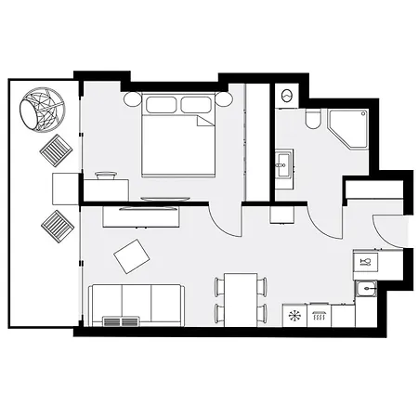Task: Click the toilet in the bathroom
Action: (313, 121)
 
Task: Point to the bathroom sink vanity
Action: (282, 167)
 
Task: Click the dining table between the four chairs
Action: (241, 299)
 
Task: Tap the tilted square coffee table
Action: (131, 256)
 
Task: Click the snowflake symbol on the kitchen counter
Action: (294, 316)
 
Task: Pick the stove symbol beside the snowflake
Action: (319, 316)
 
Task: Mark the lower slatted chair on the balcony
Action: (56, 226)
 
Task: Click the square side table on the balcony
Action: (65, 189)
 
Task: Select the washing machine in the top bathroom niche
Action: (286, 95)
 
